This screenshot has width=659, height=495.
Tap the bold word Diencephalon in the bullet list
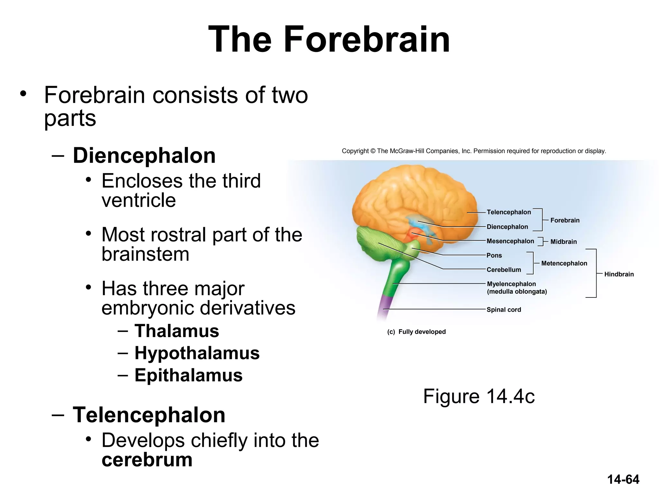144,156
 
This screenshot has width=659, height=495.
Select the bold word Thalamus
177,331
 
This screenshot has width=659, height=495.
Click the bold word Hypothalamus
197,353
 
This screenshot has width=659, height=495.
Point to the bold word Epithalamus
189,375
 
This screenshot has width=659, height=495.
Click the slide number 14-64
623,480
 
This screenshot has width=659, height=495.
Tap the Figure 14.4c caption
479,396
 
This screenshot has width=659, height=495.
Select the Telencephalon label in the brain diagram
509,212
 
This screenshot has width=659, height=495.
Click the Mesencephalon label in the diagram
510,241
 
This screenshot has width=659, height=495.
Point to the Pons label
494,256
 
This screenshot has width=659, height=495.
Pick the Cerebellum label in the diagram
504,270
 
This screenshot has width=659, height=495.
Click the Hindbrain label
619,274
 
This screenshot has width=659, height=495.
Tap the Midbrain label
563,242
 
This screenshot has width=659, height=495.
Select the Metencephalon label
564,263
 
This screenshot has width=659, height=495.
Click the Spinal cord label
504,310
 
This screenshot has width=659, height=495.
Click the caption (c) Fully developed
416,332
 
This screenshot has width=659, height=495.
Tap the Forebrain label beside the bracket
565,220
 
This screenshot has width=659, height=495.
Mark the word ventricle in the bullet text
139,200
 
